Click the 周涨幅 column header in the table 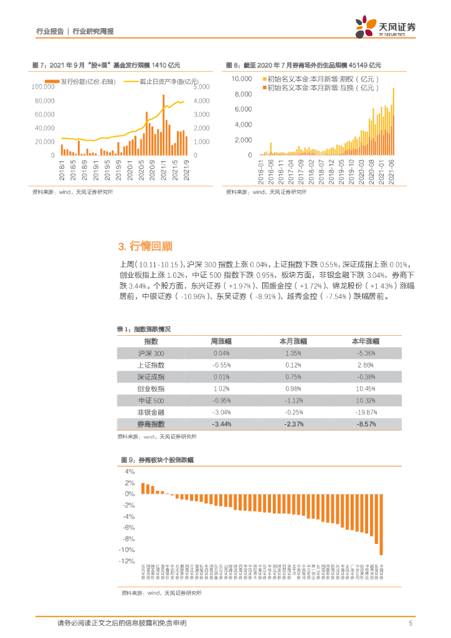point(221,341)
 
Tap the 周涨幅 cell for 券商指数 point(221,424)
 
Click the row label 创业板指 point(151,389)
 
